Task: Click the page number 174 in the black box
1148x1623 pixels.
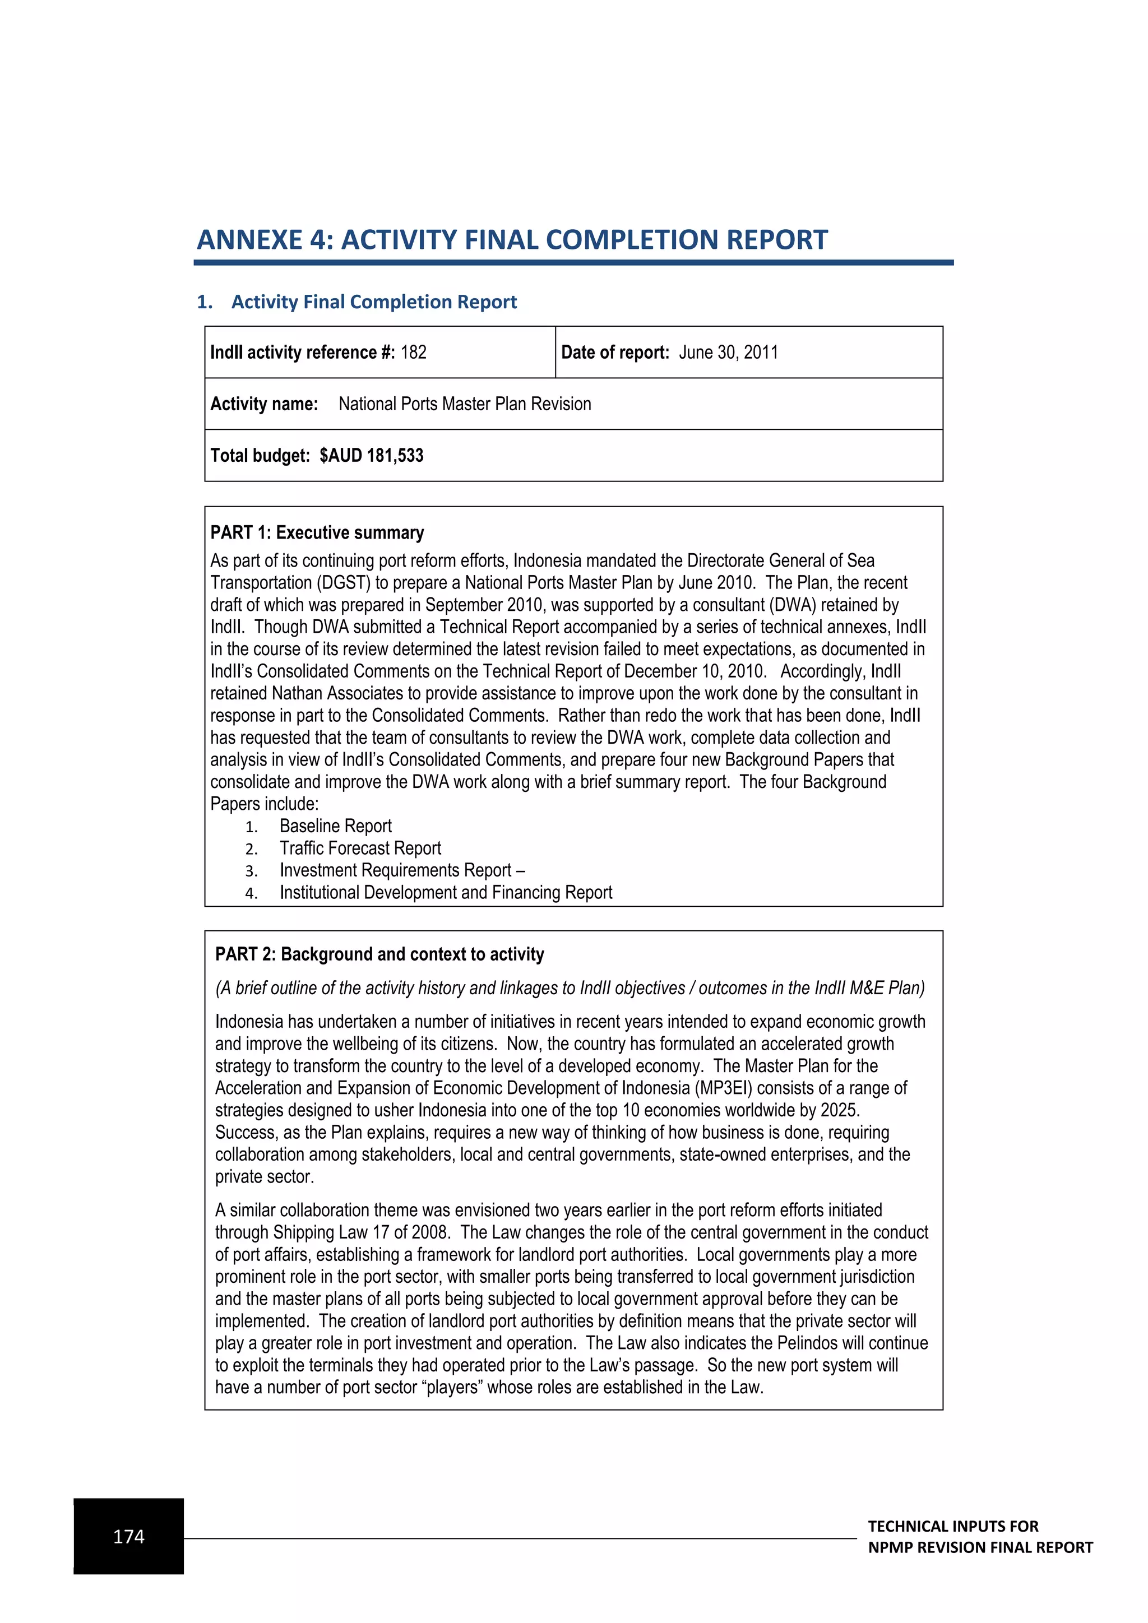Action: point(129,1536)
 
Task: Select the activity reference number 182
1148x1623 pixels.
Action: point(414,353)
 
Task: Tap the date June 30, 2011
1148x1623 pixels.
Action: point(728,353)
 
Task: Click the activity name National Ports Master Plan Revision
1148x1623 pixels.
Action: point(465,404)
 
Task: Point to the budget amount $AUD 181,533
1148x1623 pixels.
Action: point(371,456)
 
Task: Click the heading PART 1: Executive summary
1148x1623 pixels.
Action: point(317,533)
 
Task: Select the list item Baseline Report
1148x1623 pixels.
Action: point(335,826)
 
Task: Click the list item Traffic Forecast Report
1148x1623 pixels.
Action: point(360,848)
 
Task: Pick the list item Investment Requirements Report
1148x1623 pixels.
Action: point(395,870)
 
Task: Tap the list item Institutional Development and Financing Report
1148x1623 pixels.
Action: point(445,893)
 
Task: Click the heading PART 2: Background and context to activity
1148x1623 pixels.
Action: point(379,955)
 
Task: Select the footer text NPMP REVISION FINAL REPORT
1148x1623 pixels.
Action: point(980,1547)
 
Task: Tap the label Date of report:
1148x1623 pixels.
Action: point(615,353)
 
